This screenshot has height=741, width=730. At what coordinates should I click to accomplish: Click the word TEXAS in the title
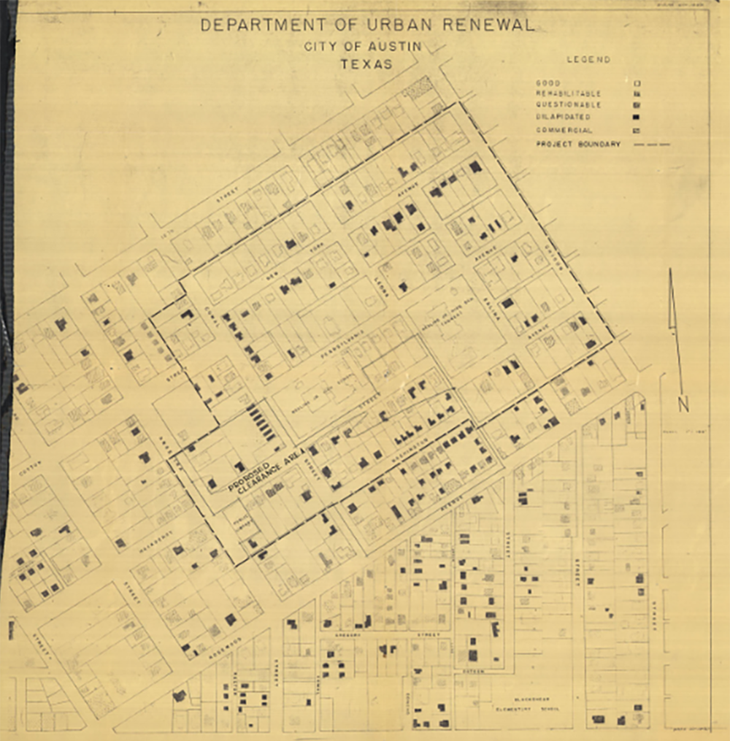pyautogui.click(x=366, y=64)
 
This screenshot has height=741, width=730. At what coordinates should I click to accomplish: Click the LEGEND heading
pyautogui.click(x=588, y=60)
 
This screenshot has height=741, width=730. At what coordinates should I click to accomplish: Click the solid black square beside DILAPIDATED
pyautogui.click(x=637, y=118)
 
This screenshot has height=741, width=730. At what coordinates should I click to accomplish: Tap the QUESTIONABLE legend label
pyautogui.click(x=558, y=105)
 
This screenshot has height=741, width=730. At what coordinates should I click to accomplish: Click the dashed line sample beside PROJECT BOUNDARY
pyautogui.click(x=652, y=145)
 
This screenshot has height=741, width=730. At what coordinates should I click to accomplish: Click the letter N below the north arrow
pyautogui.click(x=683, y=404)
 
